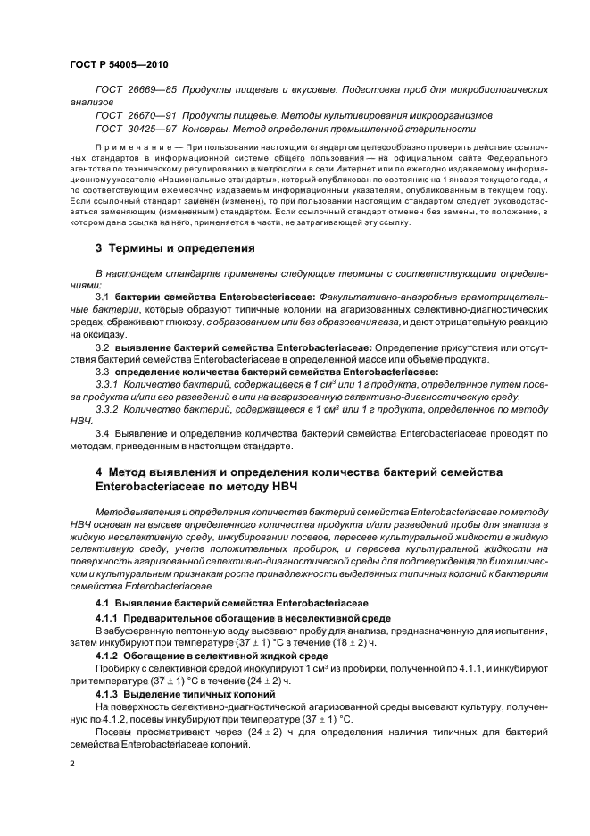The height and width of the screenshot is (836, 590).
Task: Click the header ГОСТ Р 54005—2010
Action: coord(119,65)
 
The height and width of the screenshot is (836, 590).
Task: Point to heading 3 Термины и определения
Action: coord(175,247)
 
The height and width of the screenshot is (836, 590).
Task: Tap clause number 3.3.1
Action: coord(106,383)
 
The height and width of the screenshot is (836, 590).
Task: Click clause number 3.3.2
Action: coord(106,408)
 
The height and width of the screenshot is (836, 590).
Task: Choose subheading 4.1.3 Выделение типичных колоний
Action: coord(186,693)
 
